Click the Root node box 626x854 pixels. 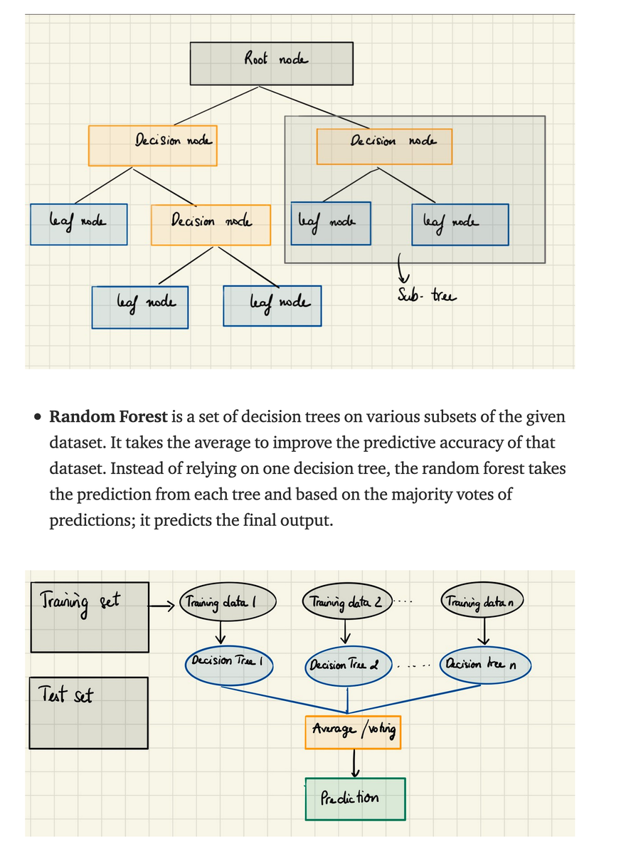coord(271,63)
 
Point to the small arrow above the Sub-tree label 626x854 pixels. coord(400,268)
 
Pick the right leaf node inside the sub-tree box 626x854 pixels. coord(460,224)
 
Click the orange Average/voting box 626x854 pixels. coord(353,732)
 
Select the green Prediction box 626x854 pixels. coord(355,798)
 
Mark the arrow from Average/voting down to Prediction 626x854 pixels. coord(354,763)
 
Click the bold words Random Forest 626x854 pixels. coord(108,416)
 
